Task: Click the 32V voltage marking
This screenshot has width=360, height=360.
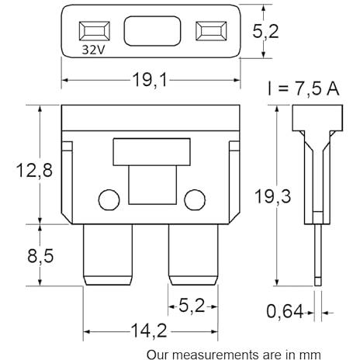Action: (x=93, y=50)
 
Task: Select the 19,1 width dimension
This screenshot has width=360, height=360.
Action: (x=150, y=80)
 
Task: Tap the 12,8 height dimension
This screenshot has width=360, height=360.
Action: (x=34, y=171)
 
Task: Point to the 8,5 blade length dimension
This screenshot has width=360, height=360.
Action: (x=40, y=256)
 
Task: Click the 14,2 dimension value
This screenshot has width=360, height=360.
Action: (x=149, y=331)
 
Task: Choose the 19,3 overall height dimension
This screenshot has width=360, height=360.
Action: (x=273, y=196)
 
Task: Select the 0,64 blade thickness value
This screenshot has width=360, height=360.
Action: (x=285, y=311)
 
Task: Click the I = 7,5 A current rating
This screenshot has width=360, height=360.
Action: (x=303, y=88)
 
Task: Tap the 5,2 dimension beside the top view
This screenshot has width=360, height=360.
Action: (x=265, y=32)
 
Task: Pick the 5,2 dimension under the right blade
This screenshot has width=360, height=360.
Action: (x=192, y=306)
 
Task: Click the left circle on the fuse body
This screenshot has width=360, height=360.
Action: (x=109, y=199)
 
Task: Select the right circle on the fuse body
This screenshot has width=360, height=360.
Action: (x=195, y=199)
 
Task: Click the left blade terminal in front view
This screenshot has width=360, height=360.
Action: (x=108, y=254)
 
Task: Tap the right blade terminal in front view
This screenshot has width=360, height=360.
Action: (x=193, y=254)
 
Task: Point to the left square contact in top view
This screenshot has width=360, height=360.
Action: (x=95, y=31)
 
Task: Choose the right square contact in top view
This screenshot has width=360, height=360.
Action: (x=211, y=31)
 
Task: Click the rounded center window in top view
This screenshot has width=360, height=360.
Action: (x=153, y=31)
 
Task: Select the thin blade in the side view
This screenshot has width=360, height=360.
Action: (x=318, y=254)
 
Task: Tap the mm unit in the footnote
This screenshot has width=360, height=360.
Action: (x=312, y=355)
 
